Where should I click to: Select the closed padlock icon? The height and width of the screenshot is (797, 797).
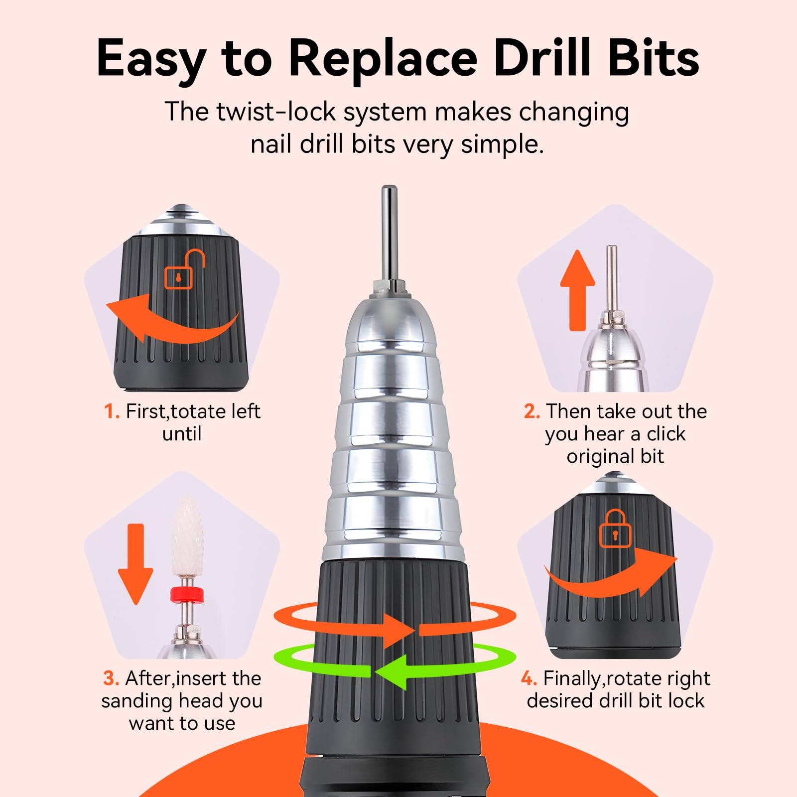pyautogui.click(x=615, y=529)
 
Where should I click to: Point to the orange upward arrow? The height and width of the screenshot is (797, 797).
pyautogui.click(x=577, y=289)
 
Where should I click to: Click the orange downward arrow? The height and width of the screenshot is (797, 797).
pyautogui.click(x=135, y=563)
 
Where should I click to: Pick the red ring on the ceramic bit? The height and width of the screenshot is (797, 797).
pyautogui.click(x=187, y=594)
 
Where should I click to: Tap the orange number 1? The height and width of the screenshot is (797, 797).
pyautogui.click(x=112, y=412)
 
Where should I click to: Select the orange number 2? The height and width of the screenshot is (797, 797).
pyautogui.click(x=531, y=412)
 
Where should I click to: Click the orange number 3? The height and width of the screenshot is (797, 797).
pyautogui.click(x=111, y=679)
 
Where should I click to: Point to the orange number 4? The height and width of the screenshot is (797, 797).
pyautogui.click(x=529, y=679)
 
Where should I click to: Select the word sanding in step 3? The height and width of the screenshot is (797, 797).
pyautogui.click(x=132, y=701)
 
